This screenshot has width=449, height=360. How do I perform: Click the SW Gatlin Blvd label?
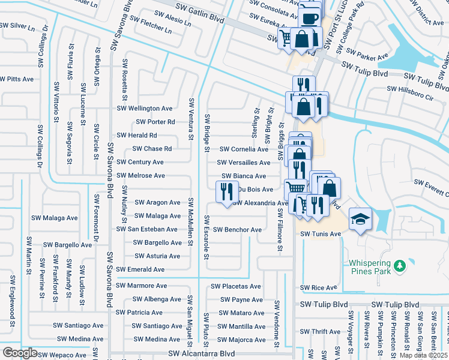click(200, 20)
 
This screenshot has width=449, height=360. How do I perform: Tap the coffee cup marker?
click(310, 18)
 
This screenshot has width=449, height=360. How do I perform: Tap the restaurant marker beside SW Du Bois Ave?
click(227, 192)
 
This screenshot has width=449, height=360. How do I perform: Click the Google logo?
click(19, 353)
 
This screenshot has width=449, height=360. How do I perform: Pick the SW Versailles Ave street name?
click(244, 163)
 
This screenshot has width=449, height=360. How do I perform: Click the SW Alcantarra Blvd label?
click(202, 354)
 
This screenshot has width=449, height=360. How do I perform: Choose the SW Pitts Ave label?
click(17, 79)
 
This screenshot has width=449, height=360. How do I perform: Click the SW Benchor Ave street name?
click(238, 230)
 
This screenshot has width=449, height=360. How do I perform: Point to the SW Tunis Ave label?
click(321, 233)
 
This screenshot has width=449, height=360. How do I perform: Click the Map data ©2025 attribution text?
click(423, 355)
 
